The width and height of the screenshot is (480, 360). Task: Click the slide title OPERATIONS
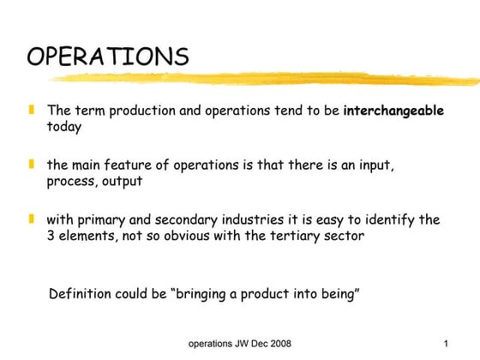click(x=108, y=57)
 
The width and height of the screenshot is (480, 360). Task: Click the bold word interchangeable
click(x=393, y=111)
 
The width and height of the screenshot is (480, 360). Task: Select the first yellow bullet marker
click(x=31, y=111)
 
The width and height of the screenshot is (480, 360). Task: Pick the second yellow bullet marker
click(x=31, y=165)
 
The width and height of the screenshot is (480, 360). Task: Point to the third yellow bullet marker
click(x=31, y=219)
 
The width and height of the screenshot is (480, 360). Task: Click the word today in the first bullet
click(x=64, y=127)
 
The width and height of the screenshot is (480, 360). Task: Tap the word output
click(x=121, y=181)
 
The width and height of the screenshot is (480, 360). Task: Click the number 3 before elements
click(x=51, y=235)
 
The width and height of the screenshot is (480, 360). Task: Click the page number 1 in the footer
click(x=447, y=345)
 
